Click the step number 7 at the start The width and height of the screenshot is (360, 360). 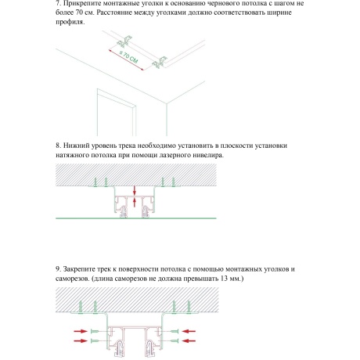point(59,4)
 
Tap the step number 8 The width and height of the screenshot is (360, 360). point(59,146)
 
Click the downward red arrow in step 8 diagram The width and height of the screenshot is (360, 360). point(135,190)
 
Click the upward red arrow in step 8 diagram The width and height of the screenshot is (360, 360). point(135,203)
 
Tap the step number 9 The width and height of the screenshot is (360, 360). point(59,268)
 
